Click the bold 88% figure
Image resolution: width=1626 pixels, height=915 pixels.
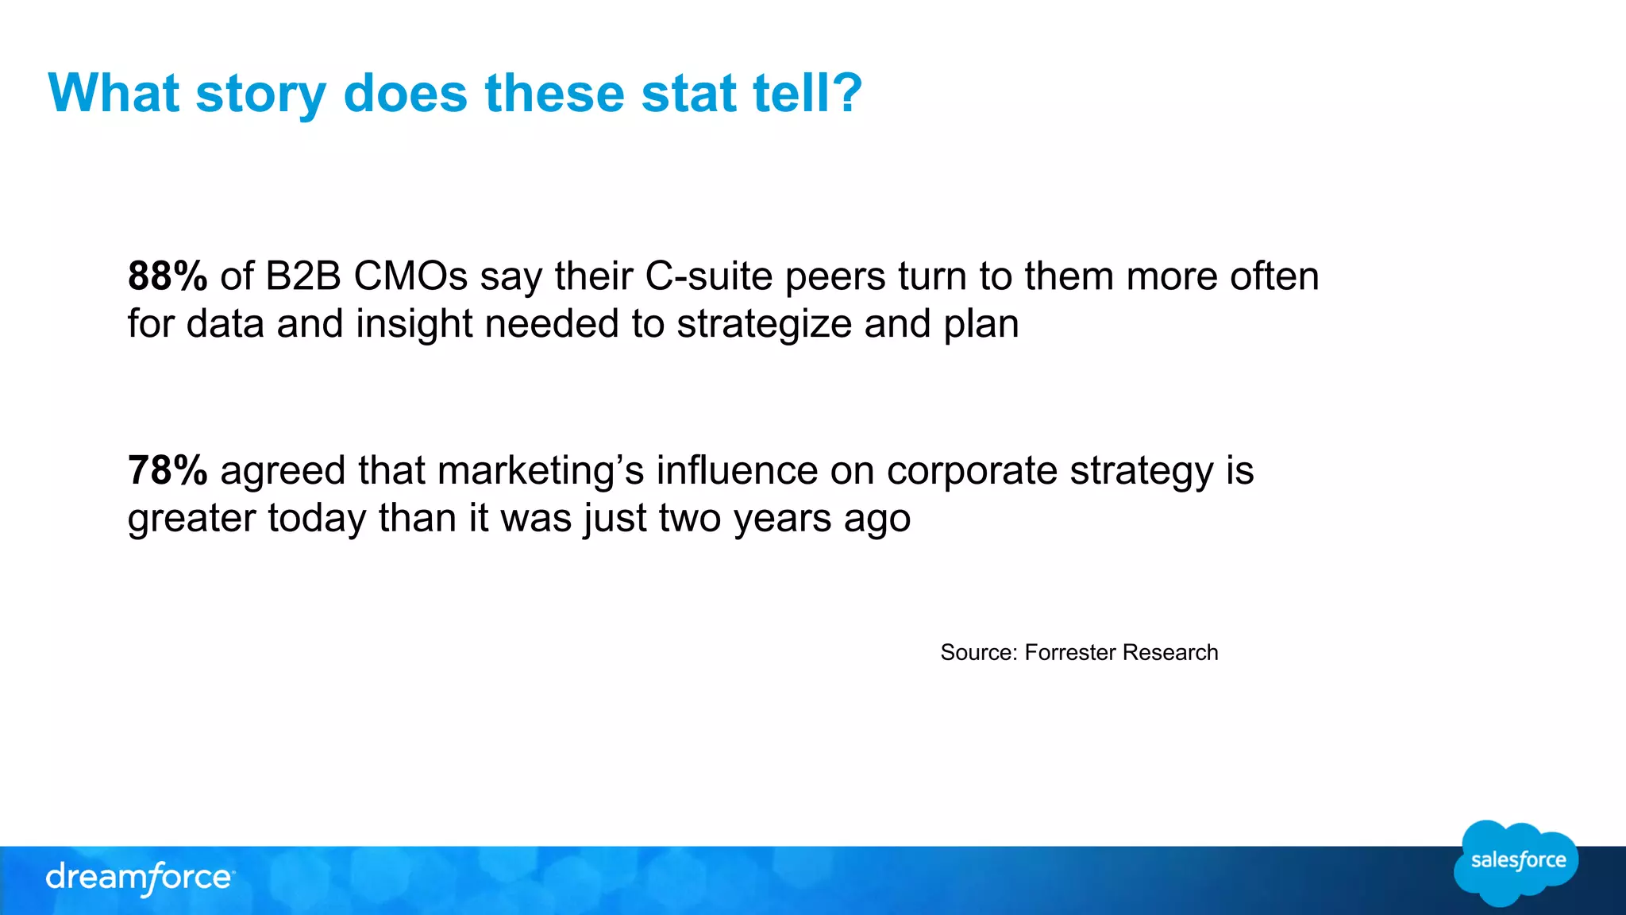coord(168,276)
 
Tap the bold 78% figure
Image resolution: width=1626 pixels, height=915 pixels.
coord(168,470)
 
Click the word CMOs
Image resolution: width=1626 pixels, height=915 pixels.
coord(410,276)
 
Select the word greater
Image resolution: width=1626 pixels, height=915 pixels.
coord(191,519)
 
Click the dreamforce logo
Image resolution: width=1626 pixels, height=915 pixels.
coord(140,878)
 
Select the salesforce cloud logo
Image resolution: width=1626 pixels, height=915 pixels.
coord(1516,863)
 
